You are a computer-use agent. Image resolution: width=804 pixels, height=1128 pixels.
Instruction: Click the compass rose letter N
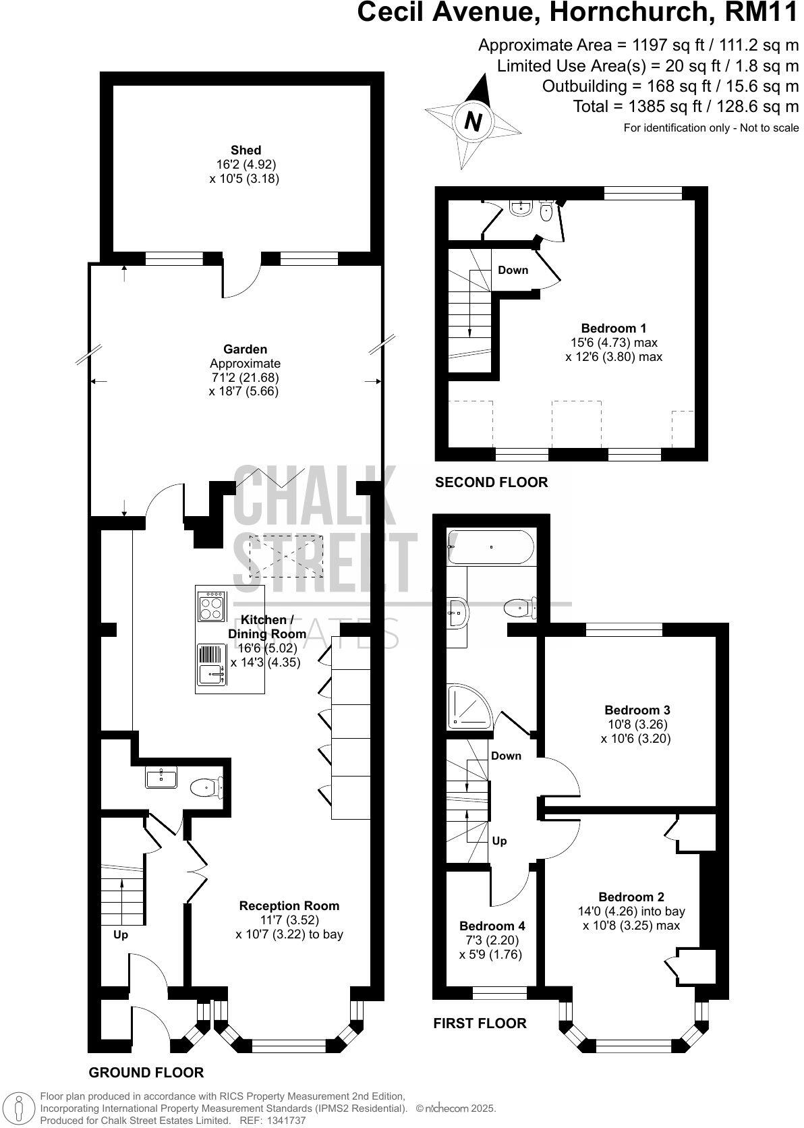pyautogui.click(x=473, y=122)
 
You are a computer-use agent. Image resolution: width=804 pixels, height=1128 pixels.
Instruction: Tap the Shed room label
pyautogui.click(x=246, y=150)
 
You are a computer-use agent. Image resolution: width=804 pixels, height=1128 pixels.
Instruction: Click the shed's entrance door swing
pyautogui.click(x=241, y=279)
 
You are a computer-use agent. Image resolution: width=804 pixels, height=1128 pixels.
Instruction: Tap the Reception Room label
pyautogui.click(x=289, y=905)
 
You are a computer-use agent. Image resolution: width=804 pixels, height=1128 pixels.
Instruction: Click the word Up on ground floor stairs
pyautogui.click(x=121, y=934)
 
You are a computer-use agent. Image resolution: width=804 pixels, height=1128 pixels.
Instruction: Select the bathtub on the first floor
pyautogui.click(x=491, y=547)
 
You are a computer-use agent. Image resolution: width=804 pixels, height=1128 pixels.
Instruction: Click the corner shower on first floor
pyautogui.click(x=469, y=706)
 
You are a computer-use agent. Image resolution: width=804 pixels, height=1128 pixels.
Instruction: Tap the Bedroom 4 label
pyautogui.click(x=492, y=926)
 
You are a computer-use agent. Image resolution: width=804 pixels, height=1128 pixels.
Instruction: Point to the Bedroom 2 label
pyautogui.click(x=631, y=897)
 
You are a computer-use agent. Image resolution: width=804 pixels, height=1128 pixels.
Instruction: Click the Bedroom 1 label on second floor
pyautogui.click(x=614, y=328)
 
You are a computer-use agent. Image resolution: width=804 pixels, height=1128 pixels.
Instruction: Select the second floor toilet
pyautogui.click(x=546, y=212)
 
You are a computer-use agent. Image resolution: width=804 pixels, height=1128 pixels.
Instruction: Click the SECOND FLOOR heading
pyautogui.click(x=491, y=482)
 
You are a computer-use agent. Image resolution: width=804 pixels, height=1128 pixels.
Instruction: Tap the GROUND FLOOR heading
pyautogui.click(x=146, y=1072)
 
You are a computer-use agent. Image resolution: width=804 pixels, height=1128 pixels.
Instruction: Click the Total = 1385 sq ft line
pyautogui.click(x=685, y=106)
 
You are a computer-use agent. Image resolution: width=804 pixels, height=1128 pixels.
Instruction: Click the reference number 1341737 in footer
pyautogui.click(x=287, y=1121)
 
